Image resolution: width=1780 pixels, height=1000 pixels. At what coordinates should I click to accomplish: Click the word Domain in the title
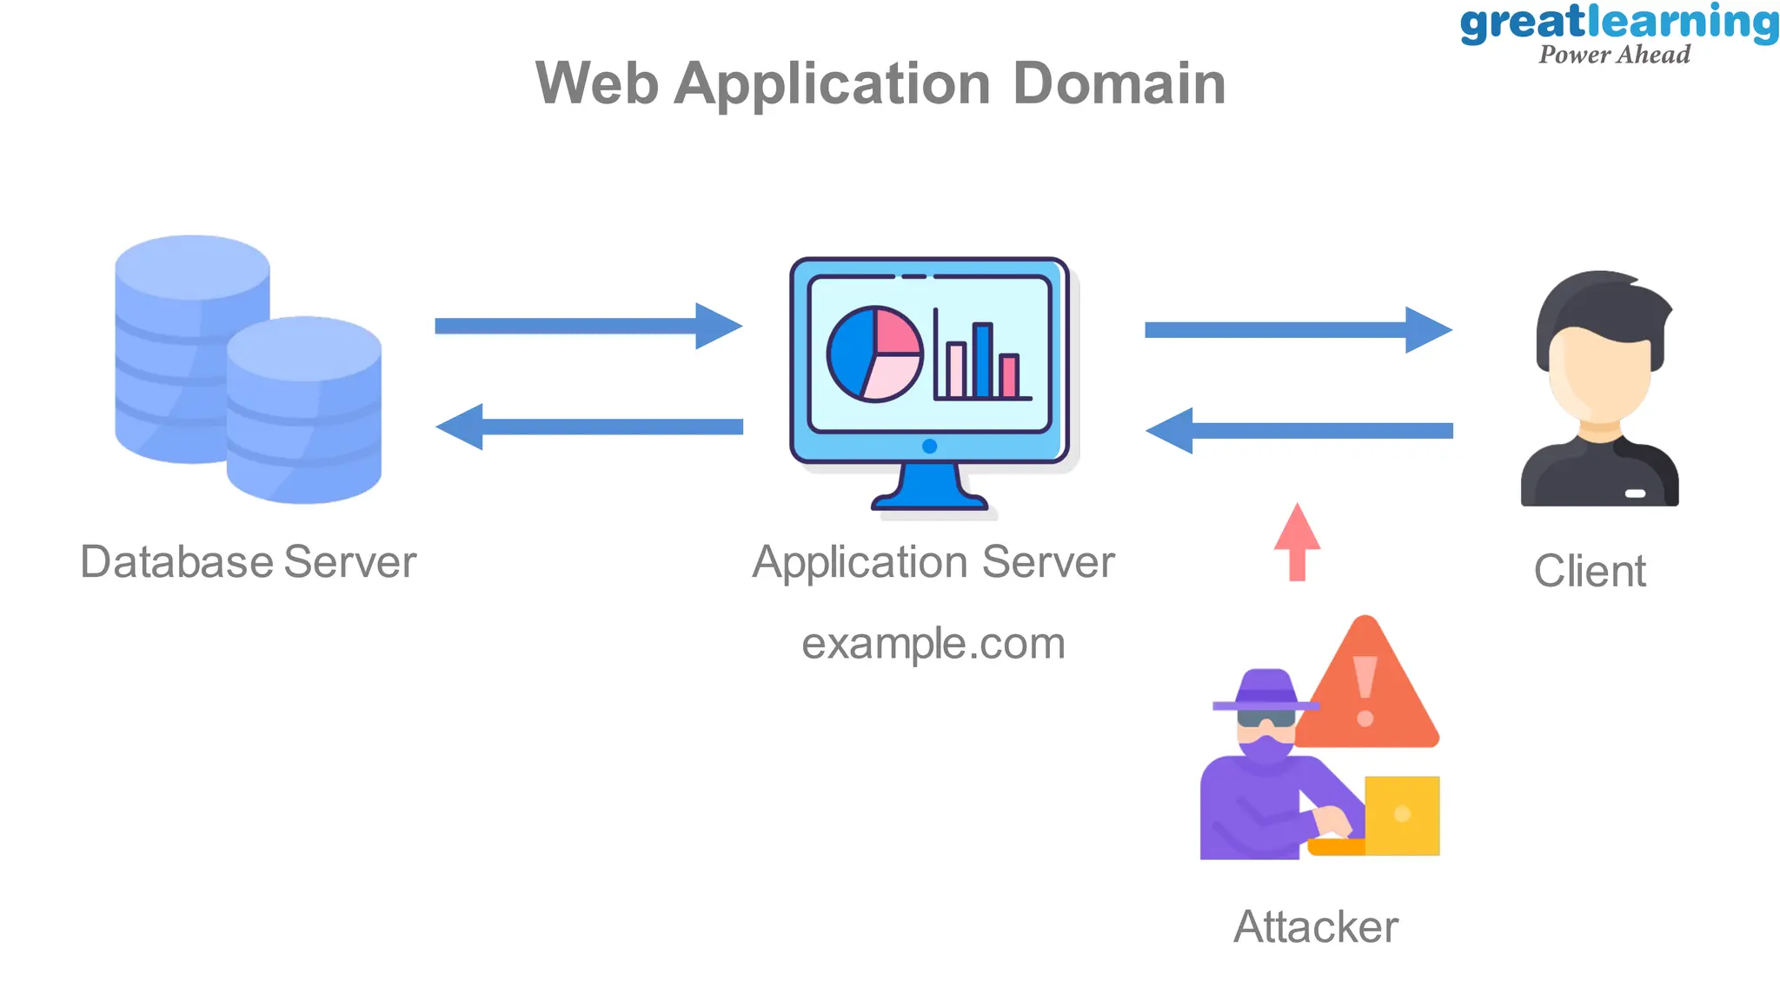click(1119, 84)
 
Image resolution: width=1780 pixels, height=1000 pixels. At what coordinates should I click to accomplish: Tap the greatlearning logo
click(1618, 33)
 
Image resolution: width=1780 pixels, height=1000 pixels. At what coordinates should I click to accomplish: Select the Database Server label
click(248, 562)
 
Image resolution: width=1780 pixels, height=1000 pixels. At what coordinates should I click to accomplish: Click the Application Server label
click(933, 562)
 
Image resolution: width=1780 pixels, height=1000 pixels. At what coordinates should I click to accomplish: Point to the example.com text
click(933, 644)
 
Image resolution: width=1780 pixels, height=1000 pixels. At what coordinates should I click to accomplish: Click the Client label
click(1589, 572)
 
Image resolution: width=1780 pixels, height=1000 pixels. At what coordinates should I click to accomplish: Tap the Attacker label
click(1315, 927)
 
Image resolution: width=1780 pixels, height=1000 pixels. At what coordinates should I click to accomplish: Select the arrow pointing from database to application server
click(588, 326)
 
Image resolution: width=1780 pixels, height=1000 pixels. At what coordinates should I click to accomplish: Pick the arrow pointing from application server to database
click(588, 427)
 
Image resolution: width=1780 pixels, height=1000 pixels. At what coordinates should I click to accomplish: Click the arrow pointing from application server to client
click(1298, 330)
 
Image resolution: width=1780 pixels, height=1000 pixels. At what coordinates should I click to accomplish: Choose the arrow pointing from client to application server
click(1298, 431)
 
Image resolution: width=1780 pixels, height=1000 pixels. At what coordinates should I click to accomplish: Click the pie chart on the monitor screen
click(873, 354)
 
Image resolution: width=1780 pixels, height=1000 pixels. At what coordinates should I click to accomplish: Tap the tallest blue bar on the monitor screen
click(982, 361)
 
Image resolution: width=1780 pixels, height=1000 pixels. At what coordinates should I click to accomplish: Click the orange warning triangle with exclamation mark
click(1366, 695)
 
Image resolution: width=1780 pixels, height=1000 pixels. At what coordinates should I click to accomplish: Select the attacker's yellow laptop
click(1401, 815)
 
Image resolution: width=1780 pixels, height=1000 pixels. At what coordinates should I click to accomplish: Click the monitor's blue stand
click(929, 488)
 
